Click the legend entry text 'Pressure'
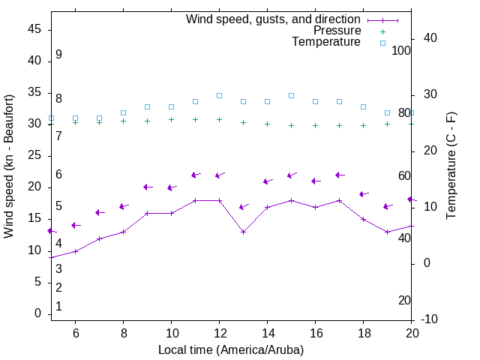[x=337, y=31]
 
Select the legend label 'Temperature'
[x=326, y=43]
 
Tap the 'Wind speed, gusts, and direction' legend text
[x=274, y=19]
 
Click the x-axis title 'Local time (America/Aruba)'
[x=231, y=349]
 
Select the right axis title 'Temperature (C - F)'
[x=451, y=166]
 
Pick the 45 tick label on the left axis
[x=34, y=29]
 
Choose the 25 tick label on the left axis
[x=34, y=155]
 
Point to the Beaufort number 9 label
[x=58, y=55]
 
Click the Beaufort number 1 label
[x=58, y=307]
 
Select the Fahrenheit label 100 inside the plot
[x=401, y=50]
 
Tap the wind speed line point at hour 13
[x=243, y=232]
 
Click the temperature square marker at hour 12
[x=219, y=95]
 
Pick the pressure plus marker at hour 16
[x=315, y=125]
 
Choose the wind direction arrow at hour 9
[x=148, y=187]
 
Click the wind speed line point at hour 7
[x=99, y=238]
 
